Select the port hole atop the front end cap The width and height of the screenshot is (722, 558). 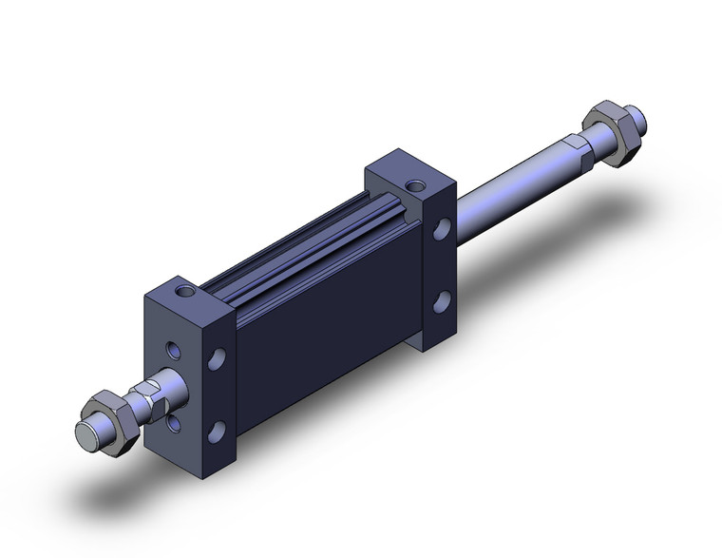coord(184,286)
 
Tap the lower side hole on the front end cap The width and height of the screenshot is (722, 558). coord(218,430)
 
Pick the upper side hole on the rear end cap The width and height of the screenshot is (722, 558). coord(441,230)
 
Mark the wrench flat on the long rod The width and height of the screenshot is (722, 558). coord(574,144)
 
